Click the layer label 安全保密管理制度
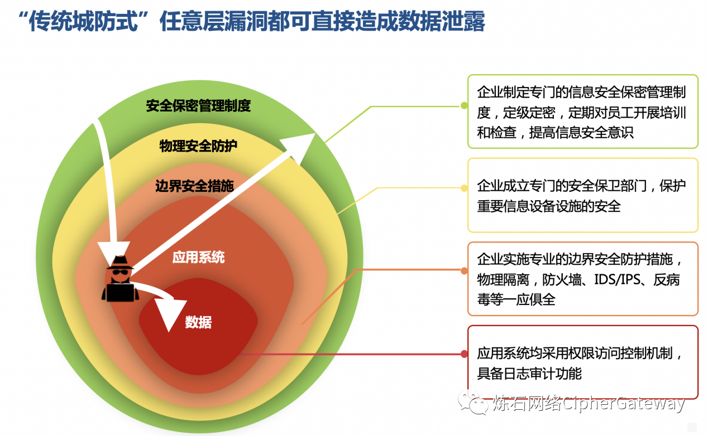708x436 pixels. click(198, 106)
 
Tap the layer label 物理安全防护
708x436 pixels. click(198, 146)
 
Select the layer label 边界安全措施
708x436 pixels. click(194, 186)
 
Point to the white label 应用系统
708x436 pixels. click(198, 257)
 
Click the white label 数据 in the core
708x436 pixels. click(198, 322)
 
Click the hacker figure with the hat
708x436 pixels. click(120, 278)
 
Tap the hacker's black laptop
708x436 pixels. click(120, 293)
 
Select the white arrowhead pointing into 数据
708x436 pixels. click(170, 314)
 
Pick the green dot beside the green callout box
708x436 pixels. click(465, 105)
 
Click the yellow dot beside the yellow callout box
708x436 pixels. click(465, 188)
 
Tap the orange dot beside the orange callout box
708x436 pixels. click(465, 270)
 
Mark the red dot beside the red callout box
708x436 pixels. click(465, 354)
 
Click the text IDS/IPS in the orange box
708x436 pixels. click(617, 280)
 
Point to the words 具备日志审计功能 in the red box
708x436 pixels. click(529, 374)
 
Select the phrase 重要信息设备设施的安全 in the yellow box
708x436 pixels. click(549, 206)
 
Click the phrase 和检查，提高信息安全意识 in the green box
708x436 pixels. click(556, 133)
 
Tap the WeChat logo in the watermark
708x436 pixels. click(473, 402)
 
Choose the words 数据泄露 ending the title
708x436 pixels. click(442, 22)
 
